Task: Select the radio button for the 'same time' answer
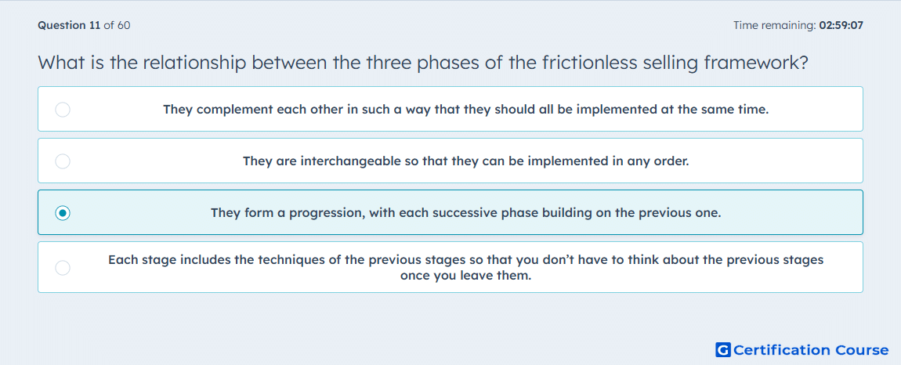click(x=63, y=109)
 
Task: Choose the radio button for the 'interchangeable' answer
click(x=63, y=161)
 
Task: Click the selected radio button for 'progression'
click(x=63, y=213)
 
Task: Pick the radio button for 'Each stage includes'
click(x=63, y=267)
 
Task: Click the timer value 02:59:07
click(x=841, y=25)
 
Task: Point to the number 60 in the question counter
click(x=124, y=25)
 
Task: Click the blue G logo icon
click(x=723, y=349)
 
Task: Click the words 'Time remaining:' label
click(x=774, y=25)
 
